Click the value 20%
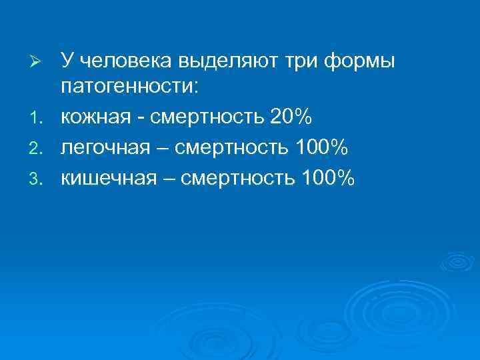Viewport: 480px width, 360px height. [291, 117]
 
